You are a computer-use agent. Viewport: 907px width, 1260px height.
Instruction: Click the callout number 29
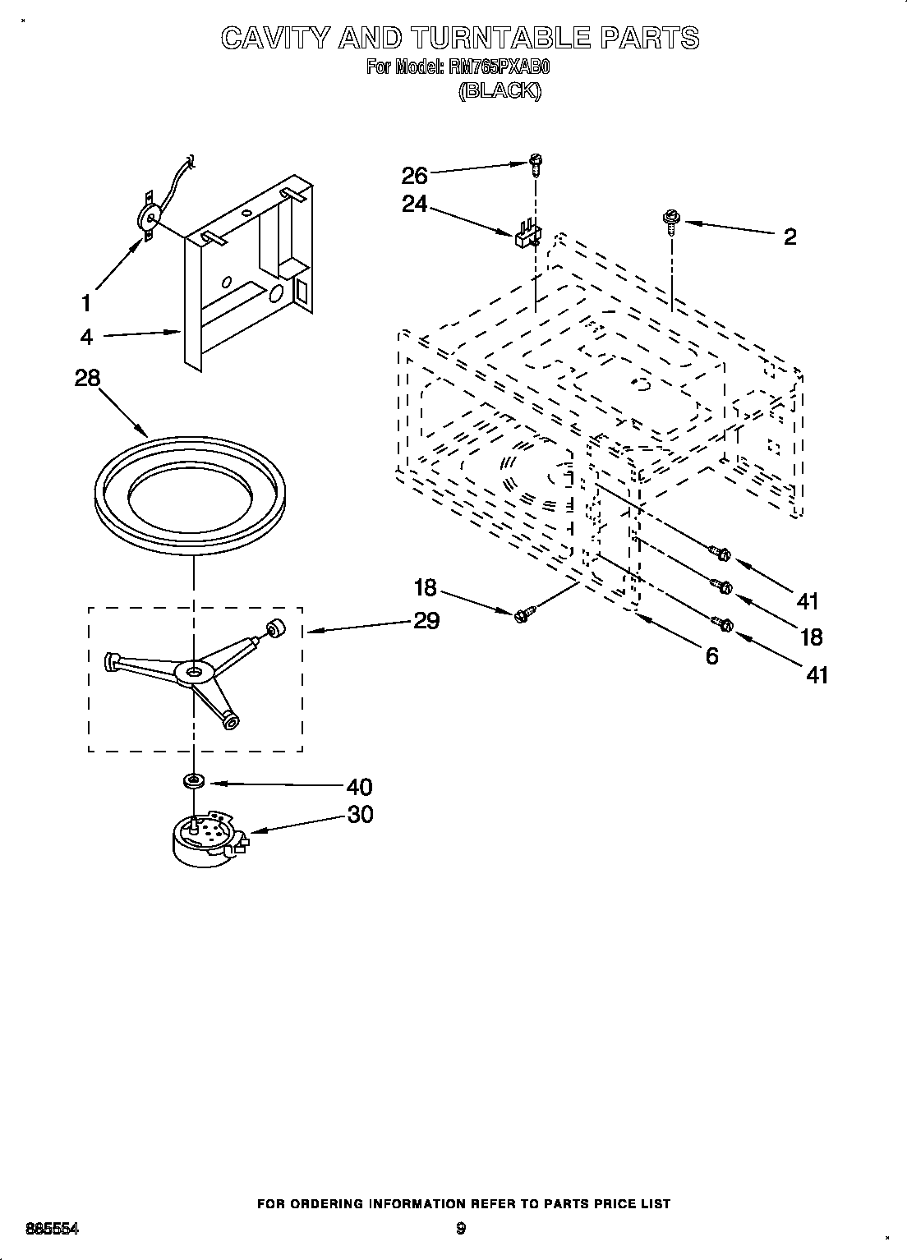coord(426,621)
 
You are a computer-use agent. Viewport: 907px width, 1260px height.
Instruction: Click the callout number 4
coord(86,337)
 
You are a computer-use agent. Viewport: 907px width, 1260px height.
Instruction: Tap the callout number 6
coord(711,655)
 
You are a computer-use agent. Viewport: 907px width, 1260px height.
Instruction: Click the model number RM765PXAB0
coord(500,67)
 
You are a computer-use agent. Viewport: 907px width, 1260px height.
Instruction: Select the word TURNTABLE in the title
coord(500,38)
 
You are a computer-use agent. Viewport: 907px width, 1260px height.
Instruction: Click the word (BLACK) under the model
coord(500,91)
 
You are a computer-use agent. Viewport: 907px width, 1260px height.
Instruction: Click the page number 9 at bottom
coord(461,1229)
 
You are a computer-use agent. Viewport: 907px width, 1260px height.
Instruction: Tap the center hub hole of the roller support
coord(194,672)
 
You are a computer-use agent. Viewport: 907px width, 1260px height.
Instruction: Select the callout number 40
coord(359,787)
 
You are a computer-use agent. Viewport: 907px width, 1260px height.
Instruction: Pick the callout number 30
coord(359,814)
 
